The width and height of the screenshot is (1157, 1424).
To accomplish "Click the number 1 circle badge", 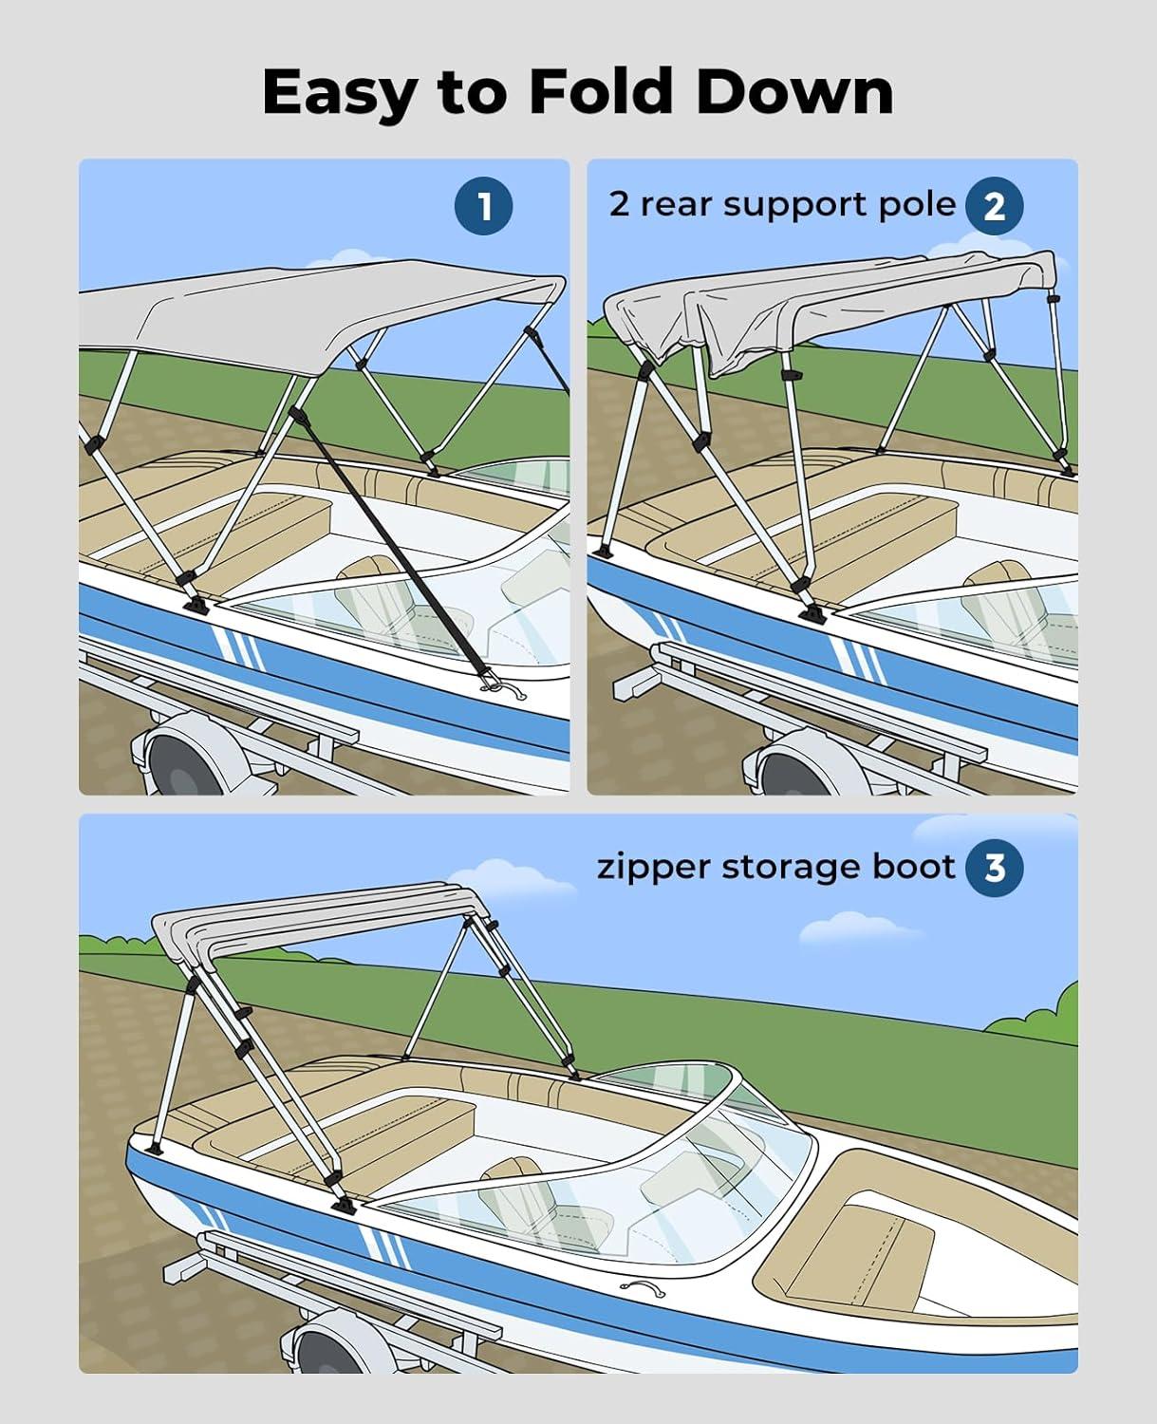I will coord(484,206).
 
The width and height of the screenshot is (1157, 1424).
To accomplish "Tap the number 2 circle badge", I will coord(994,206).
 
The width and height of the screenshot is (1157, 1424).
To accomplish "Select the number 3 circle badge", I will coord(994,867).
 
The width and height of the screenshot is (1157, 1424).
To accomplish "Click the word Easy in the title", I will coord(339,94).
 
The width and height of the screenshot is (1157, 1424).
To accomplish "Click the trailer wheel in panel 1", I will coord(180,759).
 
